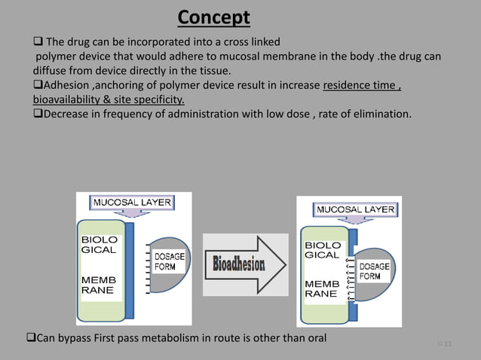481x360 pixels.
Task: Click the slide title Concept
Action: click(x=214, y=17)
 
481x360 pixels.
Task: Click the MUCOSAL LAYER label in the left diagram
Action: click(x=132, y=203)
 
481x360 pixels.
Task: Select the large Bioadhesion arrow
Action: click(x=245, y=264)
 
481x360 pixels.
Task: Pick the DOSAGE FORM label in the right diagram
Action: click(x=374, y=271)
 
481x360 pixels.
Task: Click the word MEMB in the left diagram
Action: click(x=99, y=280)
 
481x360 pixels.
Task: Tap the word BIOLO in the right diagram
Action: click(x=323, y=246)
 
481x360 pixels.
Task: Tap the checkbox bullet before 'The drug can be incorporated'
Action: click(x=38, y=41)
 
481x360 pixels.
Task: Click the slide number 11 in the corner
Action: click(x=447, y=345)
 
